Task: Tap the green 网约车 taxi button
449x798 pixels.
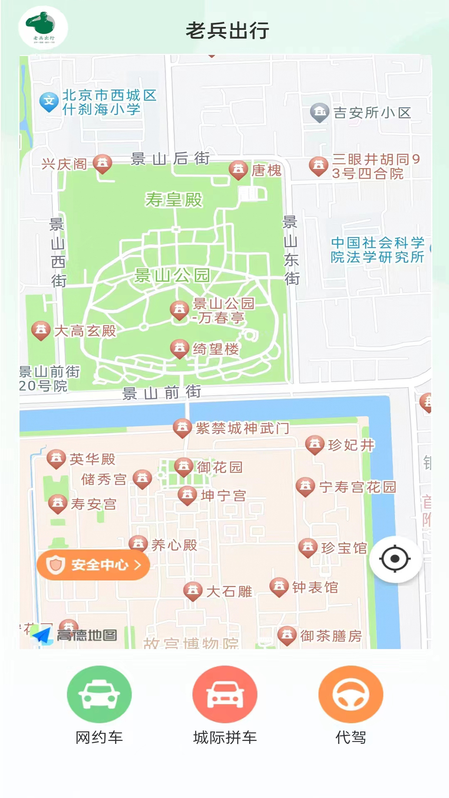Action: (99, 694)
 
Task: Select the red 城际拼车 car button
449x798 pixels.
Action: (224, 694)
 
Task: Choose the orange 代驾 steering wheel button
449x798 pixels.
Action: (350, 694)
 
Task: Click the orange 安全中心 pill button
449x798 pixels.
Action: (93, 565)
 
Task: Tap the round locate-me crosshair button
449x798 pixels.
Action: (395, 559)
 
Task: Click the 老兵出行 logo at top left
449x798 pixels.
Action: (43, 27)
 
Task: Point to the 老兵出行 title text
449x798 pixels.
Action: (227, 31)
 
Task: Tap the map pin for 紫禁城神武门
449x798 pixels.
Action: (182, 428)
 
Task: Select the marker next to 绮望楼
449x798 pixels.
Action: (180, 348)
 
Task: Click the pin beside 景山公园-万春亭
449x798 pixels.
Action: (180, 310)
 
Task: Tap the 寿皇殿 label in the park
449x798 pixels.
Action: (174, 200)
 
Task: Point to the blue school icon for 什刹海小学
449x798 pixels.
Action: (49, 101)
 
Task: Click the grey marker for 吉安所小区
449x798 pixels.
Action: (320, 112)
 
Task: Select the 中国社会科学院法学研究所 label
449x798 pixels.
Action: (377, 250)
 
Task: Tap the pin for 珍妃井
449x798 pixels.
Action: (315, 444)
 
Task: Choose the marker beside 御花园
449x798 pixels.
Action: (184, 467)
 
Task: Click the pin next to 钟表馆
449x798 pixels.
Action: (279, 587)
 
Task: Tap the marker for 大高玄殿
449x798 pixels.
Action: (41, 331)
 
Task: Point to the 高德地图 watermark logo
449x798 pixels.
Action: (75, 635)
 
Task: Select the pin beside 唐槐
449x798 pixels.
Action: (238, 170)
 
